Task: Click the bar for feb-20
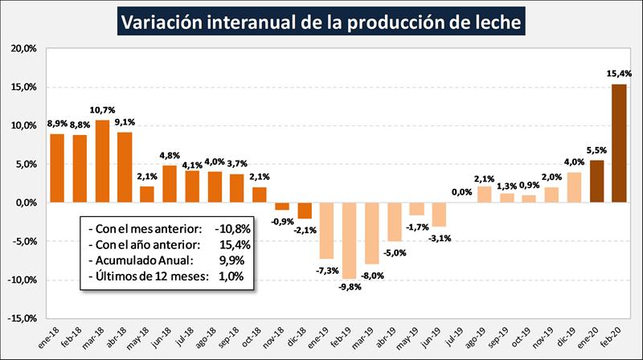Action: pos(619,143)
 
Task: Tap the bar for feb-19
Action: pos(350,240)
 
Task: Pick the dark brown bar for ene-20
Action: pos(596,182)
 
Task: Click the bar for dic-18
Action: pos(305,211)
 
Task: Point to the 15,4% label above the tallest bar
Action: pos(619,74)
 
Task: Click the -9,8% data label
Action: pos(350,287)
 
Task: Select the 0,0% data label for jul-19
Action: pos(461,192)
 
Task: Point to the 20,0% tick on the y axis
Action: pos(24,48)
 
